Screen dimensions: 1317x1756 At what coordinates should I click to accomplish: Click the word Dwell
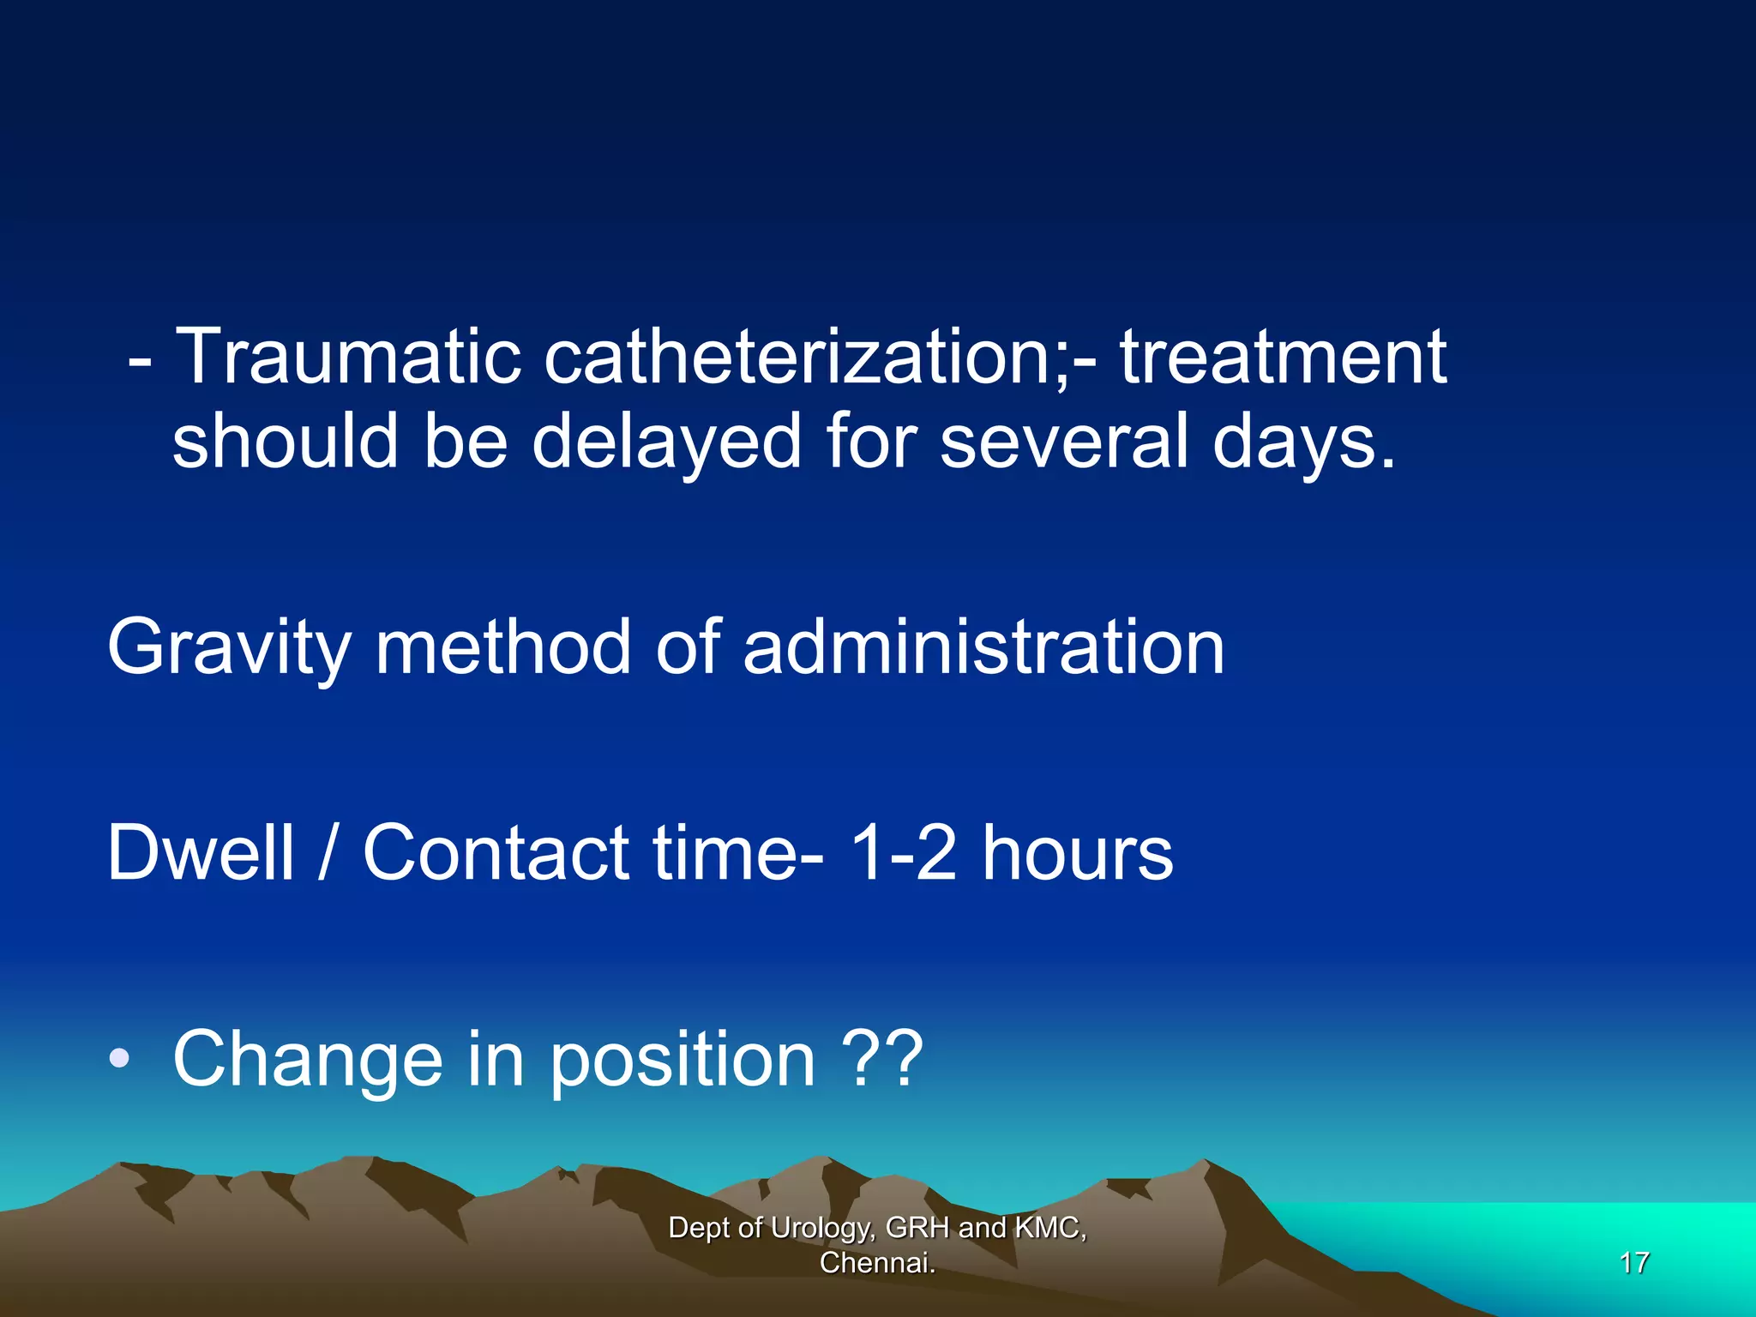[201, 852]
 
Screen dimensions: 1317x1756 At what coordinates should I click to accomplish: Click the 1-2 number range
[901, 852]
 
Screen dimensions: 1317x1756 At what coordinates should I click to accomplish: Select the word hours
[1077, 852]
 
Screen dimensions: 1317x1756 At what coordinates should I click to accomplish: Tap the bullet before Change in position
[119, 1060]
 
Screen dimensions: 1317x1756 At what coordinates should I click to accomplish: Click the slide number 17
[1634, 1263]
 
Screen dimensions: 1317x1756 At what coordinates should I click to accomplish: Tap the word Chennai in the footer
[876, 1263]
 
